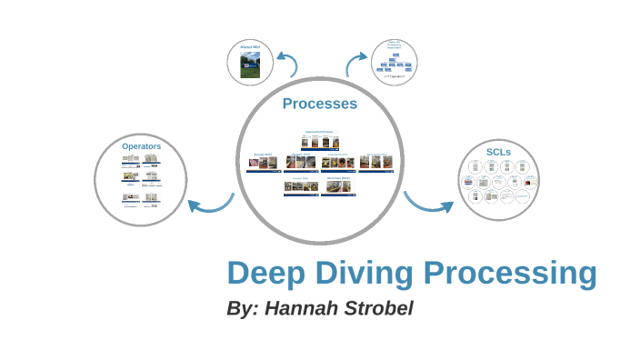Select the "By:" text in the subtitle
tap(243, 308)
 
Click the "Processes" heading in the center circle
tap(319, 104)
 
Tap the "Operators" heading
tap(141, 145)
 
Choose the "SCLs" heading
tap(498, 151)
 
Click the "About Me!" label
tap(250, 46)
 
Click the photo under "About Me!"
tap(250, 65)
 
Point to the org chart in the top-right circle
tap(395, 62)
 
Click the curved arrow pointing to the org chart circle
tap(355, 65)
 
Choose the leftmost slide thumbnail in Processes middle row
tap(263, 163)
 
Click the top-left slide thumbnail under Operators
tap(130, 159)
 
